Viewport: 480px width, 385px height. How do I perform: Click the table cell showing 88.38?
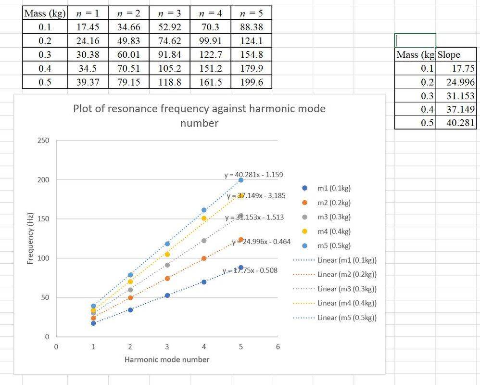(x=251, y=27)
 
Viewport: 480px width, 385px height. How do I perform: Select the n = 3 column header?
(x=169, y=13)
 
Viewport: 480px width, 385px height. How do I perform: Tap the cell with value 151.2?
(x=210, y=68)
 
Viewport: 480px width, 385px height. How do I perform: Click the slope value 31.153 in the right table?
(x=460, y=96)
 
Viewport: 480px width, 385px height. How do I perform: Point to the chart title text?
(x=199, y=115)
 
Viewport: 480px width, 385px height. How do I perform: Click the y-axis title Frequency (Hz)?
(x=30, y=239)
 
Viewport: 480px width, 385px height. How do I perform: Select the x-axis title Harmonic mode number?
(x=167, y=359)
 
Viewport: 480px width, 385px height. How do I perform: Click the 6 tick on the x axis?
(x=278, y=346)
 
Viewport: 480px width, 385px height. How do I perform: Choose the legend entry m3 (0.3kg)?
(x=334, y=217)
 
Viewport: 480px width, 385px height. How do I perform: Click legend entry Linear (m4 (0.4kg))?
(x=347, y=303)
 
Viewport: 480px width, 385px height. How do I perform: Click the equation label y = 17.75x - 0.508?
(x=250, y=270)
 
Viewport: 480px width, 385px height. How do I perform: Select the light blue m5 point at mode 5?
(x=241, y=180)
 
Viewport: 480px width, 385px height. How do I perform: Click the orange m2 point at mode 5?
(x=241, y=239)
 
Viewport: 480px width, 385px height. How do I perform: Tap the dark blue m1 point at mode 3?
(x=167, y=295)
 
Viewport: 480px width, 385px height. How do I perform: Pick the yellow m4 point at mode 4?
(x=204, y=218)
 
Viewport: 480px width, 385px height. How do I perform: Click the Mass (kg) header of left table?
(x=45, y=13)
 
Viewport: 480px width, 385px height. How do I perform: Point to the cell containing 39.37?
(x=88, y=82)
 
